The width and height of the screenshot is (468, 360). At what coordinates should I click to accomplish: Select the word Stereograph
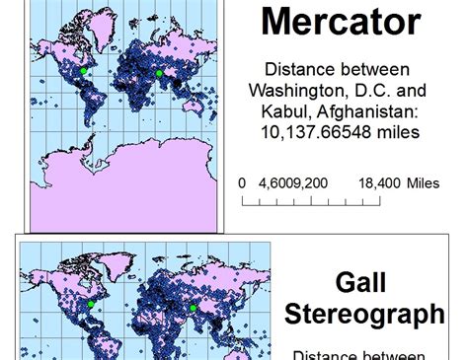364,315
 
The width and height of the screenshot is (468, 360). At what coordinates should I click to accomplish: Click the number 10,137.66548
322,131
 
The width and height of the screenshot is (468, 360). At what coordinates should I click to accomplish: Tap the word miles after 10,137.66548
405,131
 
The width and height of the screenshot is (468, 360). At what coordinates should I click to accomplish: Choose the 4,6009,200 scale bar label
294,183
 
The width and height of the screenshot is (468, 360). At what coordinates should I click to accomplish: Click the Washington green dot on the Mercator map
84,70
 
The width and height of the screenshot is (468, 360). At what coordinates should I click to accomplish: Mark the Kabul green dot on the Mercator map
158,73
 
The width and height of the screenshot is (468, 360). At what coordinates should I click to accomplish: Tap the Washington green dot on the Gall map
90,305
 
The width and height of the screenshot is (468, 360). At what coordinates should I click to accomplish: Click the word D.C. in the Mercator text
378,91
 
